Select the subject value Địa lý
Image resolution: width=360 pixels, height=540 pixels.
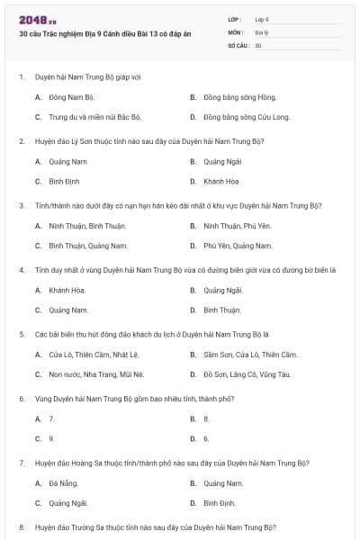pos(261,31)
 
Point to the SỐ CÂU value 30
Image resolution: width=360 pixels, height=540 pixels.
pos(258,44)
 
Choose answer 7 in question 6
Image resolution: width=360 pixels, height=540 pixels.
pos(52,418)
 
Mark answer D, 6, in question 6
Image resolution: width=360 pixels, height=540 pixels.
pos(206,439)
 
